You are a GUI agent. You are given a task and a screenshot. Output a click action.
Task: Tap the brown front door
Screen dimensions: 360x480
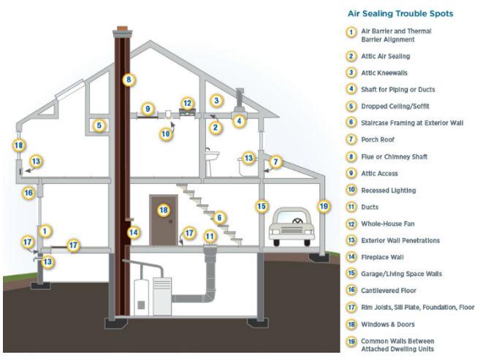pos(164,220)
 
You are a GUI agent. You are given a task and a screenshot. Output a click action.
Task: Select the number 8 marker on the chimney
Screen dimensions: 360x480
pos(128,79)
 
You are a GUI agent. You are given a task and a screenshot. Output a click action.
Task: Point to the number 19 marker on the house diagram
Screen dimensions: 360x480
pos(324,206)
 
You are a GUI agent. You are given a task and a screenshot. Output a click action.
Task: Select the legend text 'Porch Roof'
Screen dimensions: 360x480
pos(378,139)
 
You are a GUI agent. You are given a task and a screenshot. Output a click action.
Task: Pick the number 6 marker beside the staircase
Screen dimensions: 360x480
pos(218,217)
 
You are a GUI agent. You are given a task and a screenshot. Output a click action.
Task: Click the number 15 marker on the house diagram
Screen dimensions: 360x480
pos(262,206)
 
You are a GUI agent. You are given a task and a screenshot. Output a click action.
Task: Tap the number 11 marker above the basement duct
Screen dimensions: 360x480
pos(210,236)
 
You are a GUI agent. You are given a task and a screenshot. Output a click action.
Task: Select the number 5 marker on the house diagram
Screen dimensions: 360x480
pos(100,126)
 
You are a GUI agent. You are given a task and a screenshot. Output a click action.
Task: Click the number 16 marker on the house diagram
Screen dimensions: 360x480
pos(28,193)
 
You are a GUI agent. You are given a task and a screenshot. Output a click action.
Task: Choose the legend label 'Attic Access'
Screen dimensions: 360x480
pos(378,173)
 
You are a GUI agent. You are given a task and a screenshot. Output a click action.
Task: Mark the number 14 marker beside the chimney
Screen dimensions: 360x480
pos(132,233)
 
